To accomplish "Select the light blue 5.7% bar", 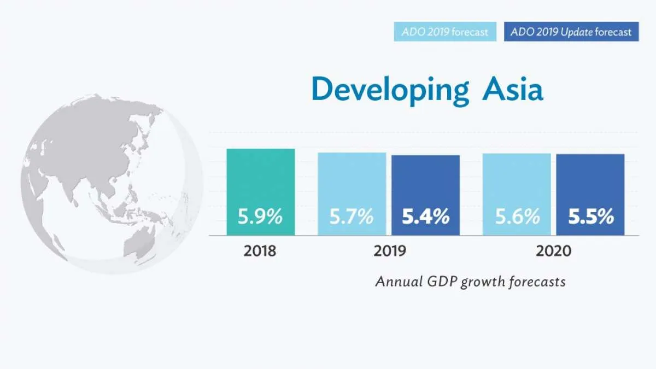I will [x=352, y=194].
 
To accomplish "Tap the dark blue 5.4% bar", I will [x=425, y=195].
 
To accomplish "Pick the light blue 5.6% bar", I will [x=517, y=194].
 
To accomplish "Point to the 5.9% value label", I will [x=260, y=217].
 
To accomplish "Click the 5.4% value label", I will [x=426, y=217].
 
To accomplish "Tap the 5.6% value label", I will [x=517, y=217].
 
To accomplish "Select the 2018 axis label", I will [x=260, y=251].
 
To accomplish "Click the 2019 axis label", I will [x=390, y=251].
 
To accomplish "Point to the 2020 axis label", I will [x=553, y=251].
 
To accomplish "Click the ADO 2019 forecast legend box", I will [x=444, y=32].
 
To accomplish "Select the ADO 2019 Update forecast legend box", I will [x=571, y=32].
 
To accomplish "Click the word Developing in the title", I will [x=390, y=89].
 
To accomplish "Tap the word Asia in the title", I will [x=512, y=89].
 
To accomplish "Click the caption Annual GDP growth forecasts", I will [x=470, y=282].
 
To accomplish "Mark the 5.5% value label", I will [x=591, y=217].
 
